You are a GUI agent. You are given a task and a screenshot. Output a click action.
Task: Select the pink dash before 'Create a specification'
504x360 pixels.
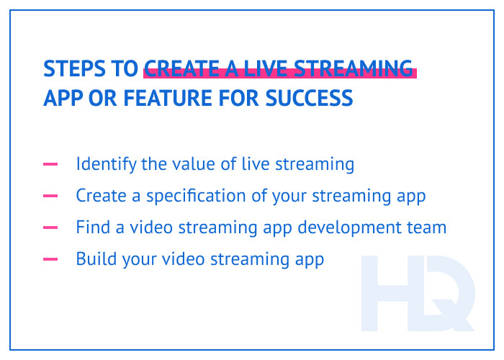coord(50,196)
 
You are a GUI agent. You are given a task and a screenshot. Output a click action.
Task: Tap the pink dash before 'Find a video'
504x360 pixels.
coord(50,228)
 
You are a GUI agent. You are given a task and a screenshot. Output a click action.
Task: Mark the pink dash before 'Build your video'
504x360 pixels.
coord(50,259)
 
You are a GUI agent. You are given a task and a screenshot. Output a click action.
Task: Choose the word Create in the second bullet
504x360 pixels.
coord(99,196)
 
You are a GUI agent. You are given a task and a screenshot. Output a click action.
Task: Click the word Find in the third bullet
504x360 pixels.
coord(91,228)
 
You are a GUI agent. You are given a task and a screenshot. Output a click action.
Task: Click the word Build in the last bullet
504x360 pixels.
coord(95,259)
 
